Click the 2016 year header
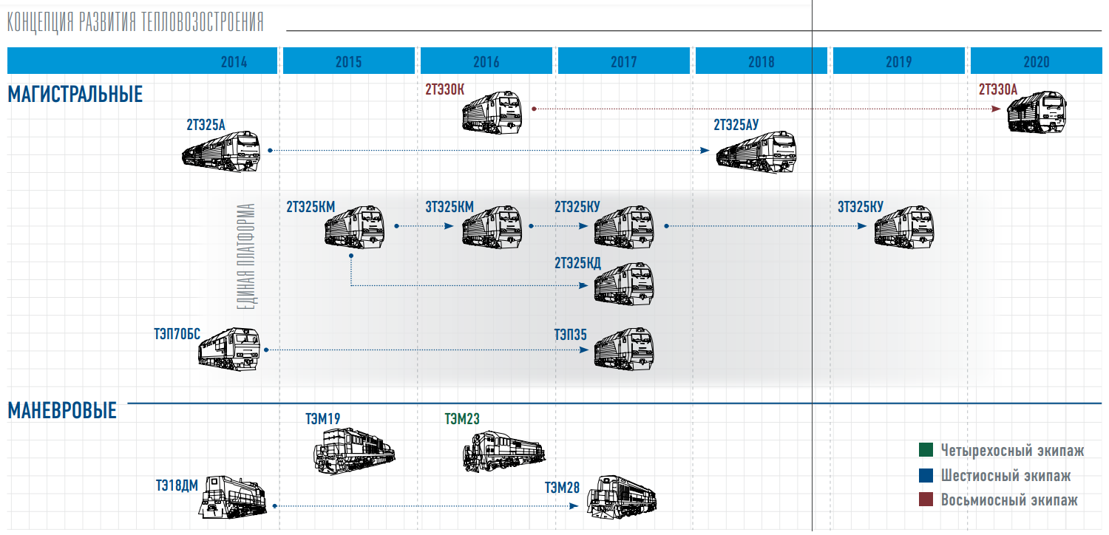[x=486, y=62]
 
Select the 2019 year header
[x=899, y=62]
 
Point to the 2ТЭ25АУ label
[x=736, y=125]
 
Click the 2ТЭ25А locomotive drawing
[x=223, y=151]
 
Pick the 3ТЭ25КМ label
[x=450, y=207]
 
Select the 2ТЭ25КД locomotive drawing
[x=624, y=284]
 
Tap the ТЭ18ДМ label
[x=177, y=485]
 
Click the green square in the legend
[x=926, y=450]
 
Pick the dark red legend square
[x=926, y=500]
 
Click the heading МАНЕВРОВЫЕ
[x=62, y=411]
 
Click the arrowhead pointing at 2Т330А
[x=997, y=109]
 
